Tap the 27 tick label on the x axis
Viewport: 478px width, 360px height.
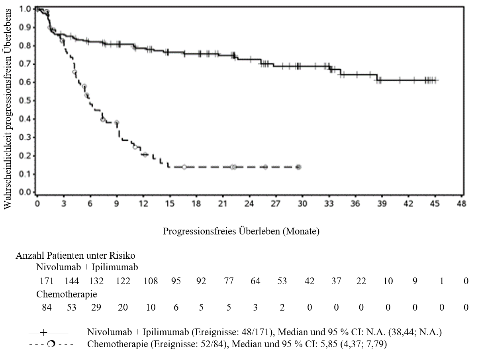point(276,204)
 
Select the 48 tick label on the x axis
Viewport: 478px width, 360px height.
point(461,204)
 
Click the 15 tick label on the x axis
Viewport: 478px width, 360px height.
point(170,204)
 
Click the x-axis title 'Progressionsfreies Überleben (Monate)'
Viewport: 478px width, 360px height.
point(241,231)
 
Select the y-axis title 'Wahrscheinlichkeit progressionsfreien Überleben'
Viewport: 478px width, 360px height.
point(8,109)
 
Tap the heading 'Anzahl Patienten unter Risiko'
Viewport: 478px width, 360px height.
point(75,256)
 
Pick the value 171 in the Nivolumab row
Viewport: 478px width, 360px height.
point(47,281)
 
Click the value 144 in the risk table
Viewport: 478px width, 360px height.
point(72,281)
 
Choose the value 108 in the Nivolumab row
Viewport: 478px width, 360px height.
point(151,281)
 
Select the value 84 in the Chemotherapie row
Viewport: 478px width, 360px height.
point(47,307)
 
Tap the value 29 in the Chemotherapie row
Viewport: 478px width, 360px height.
point(96,307)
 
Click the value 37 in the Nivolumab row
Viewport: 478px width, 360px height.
point(336,281)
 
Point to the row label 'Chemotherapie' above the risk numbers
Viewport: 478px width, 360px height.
point(67,294)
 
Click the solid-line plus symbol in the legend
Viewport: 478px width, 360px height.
point(43,332)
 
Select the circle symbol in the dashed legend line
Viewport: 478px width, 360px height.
point(51,344)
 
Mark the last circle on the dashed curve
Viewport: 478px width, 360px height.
point(299,167)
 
